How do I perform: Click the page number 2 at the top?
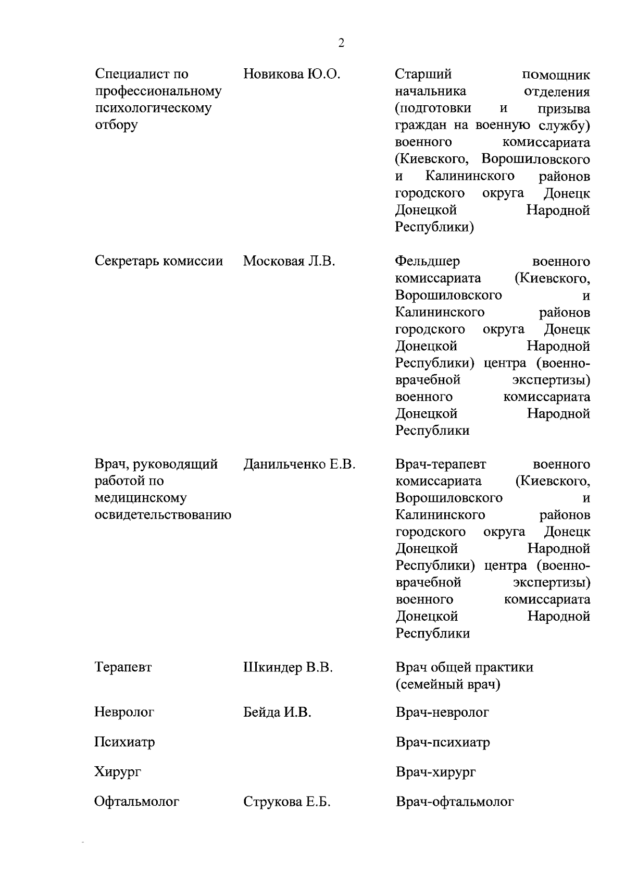[x=341, y=43]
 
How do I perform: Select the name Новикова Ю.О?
[x=292, y=75]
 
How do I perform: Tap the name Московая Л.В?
[x=289, y=261]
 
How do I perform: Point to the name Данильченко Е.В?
[x=299, y=464]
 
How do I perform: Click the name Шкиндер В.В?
[x=288, y=667]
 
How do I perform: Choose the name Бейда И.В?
[x=277, y=712]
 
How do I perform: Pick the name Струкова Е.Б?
[x=287, y=802]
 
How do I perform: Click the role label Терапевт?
[x=123, y=668]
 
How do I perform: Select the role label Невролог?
[x=124, y=712]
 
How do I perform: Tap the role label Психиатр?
[x=124, y=742]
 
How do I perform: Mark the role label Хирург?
[x=118, y=772]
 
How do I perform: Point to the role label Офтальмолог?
[x=137, y=802]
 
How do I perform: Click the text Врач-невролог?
[x=442, y=712]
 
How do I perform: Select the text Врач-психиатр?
[x=443, y=742]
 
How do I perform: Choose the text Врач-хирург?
[x=436, y=772]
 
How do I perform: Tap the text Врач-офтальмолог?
[x=455, y=802]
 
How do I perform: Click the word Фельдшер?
[x=428, y=261]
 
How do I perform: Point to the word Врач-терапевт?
[x=441, y=464]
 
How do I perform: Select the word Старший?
[x=423, y=75]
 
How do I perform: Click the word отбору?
[x=116, y=126]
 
